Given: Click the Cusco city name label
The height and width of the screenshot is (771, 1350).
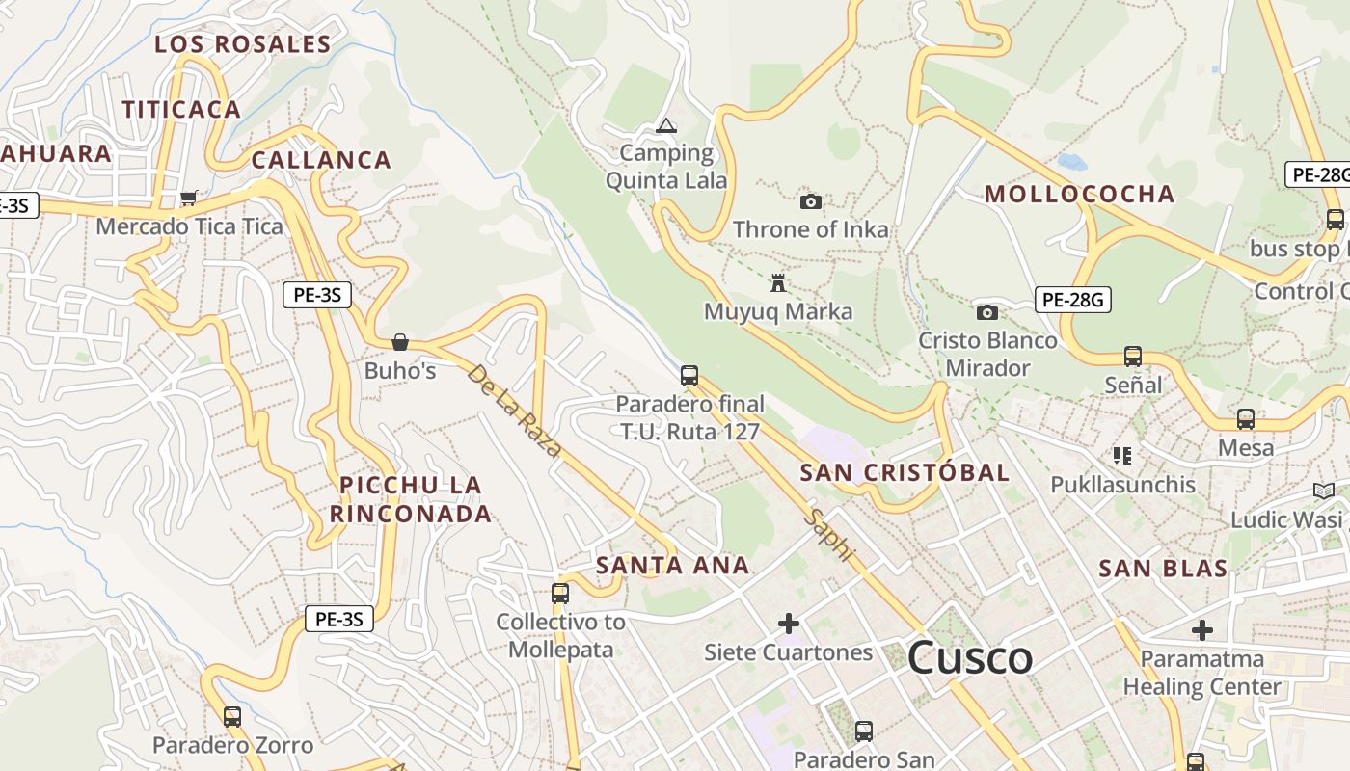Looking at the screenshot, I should tap(970, 658).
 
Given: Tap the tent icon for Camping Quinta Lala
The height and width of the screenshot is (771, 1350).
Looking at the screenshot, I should tap(665, 125).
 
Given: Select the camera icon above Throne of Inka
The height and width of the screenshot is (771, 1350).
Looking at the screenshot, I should tap(811, 201).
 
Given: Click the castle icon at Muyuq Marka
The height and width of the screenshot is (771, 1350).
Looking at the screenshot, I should tap(778, 283).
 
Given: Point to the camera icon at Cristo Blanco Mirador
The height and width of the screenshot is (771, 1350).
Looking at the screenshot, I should tap(986, 312).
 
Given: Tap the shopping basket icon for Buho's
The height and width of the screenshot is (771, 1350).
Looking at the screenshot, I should tap(399, 342).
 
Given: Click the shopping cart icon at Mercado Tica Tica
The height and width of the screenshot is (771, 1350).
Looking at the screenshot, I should tap(189, 199).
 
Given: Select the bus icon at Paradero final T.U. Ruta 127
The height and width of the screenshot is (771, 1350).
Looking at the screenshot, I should tap(688, 376).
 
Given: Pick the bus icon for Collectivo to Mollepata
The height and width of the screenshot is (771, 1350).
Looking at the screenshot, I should tap(560, 594).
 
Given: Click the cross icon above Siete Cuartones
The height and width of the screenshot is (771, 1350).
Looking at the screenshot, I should tap(789, 624).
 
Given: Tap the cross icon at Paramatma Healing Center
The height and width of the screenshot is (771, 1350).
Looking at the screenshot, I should tap(1201, 630).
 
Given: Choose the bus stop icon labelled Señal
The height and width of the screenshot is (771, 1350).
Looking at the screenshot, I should tap(1133, 357).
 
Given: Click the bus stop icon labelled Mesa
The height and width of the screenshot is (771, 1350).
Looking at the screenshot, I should tap(1246, 419).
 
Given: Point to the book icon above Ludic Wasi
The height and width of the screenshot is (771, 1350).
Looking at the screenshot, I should tap(1324, 492).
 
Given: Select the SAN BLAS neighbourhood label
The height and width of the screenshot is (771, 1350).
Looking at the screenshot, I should tap(1163, 569).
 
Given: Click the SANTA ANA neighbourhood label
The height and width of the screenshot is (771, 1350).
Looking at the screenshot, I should tap(673, 566).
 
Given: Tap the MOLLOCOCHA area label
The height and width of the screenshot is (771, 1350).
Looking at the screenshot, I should tap(1079, 194).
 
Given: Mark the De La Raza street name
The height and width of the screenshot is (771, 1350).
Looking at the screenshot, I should tap(514, 410).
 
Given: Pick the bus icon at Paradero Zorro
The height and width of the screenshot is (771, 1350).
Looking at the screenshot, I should tap(232, 717).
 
